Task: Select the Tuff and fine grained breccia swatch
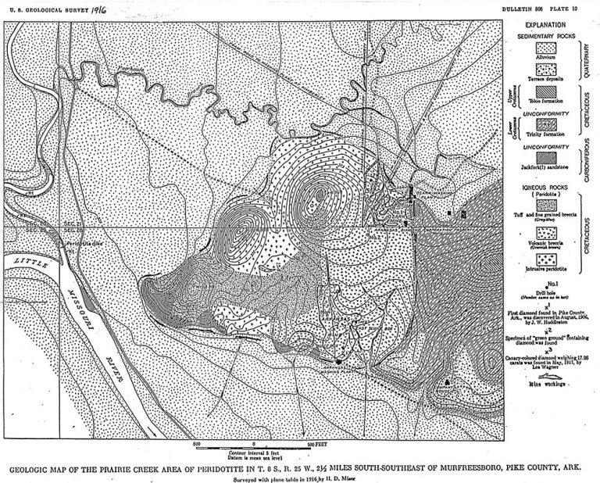545,205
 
